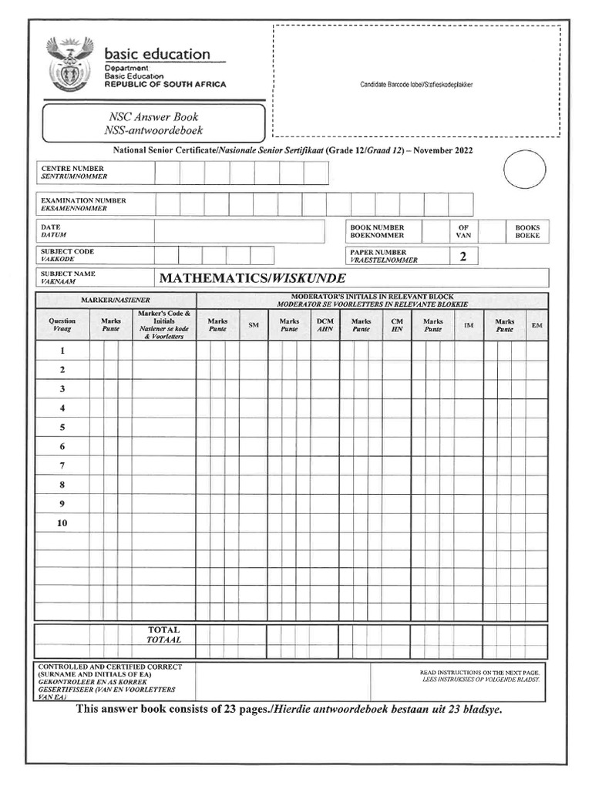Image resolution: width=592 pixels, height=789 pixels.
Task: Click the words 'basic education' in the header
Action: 156,54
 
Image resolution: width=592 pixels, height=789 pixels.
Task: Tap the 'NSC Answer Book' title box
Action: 153,123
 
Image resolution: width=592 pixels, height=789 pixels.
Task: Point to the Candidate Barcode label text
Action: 416,84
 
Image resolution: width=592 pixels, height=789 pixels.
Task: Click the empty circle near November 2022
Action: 524,169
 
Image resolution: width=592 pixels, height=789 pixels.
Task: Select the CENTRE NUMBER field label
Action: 73,172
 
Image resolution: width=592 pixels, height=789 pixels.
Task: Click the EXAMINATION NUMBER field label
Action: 83,204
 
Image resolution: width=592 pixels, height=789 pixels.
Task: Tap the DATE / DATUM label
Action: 54,231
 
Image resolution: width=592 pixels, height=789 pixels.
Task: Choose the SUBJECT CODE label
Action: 67,256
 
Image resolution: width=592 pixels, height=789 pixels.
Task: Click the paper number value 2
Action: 462,257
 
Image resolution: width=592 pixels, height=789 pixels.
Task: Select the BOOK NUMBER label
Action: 377,231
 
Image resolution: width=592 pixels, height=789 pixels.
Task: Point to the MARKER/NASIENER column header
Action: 116,299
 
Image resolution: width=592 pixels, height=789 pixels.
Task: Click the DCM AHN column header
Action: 325,325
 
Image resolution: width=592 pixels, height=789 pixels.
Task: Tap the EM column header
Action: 536,326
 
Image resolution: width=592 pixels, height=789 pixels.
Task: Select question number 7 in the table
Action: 62,465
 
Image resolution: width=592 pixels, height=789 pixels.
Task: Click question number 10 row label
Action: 62,523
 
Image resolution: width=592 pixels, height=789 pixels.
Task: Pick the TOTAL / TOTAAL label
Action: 163,635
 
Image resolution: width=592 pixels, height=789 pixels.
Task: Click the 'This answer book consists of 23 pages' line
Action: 289,709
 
